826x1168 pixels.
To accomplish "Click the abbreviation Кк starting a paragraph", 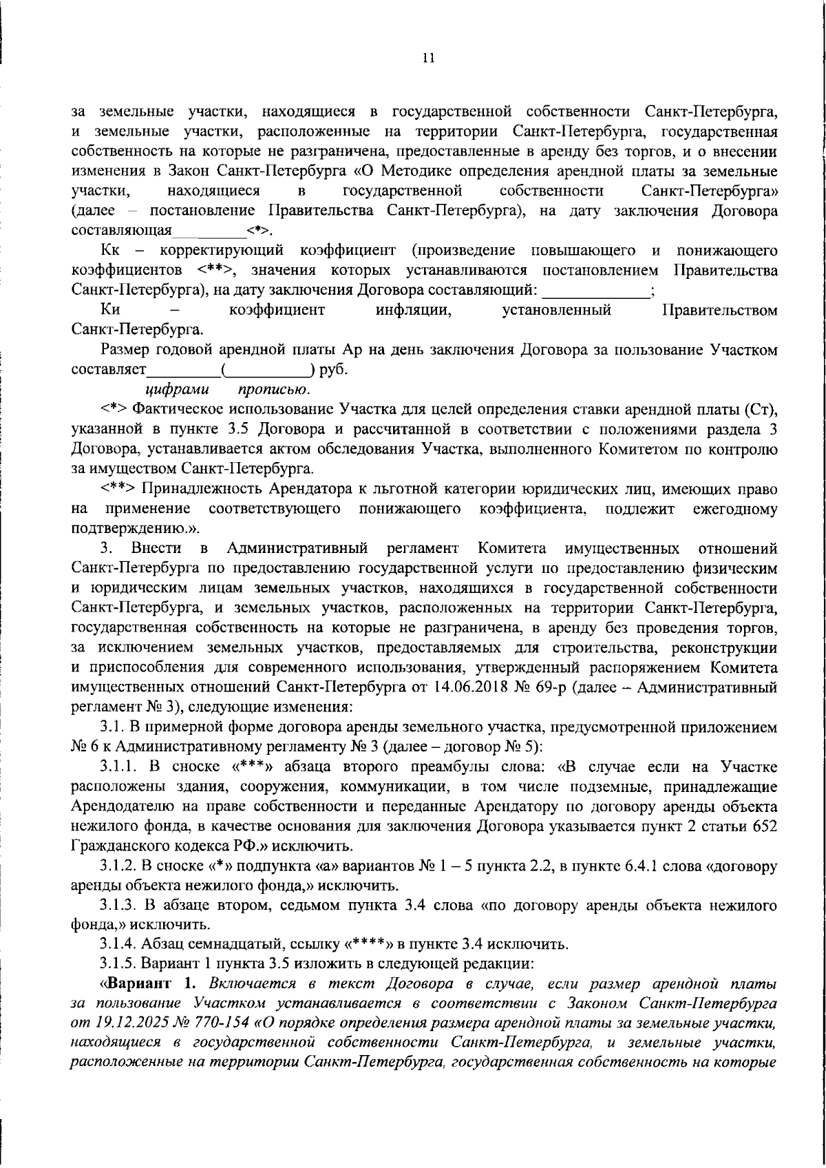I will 110,249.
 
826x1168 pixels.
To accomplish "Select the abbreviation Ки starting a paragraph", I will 110,310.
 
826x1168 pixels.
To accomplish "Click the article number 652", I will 765,826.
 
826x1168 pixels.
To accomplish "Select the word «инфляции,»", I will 413,310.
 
